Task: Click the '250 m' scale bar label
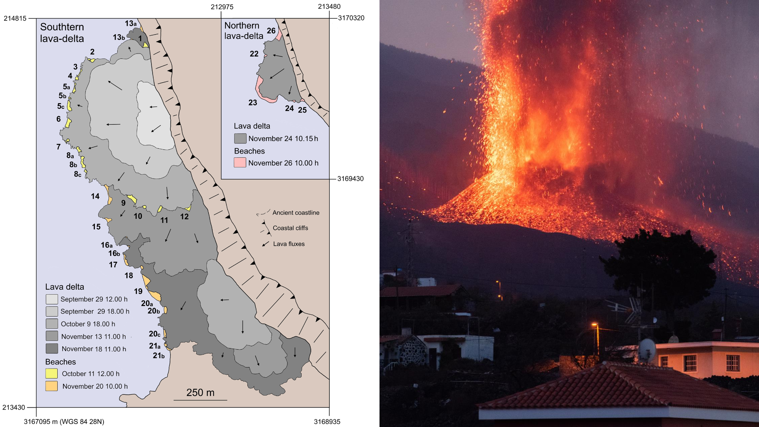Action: click(x=200, y=392)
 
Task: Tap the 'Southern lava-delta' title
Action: click(x=62, y=33)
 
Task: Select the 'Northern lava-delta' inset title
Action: click(x=244, y=31)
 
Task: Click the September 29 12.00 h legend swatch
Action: click(x=52, y=299)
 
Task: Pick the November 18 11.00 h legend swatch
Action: click(x=52, y=349)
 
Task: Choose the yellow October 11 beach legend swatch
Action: click(x=52, y=374)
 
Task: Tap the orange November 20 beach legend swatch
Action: click(x=52, y=386)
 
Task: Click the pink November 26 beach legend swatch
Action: click(x=240, y=163)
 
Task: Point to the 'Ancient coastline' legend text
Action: click(x=296, y=213)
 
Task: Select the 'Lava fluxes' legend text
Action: click(x=289, y=244)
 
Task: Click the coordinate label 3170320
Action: click(x=351, y=18)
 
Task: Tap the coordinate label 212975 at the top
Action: click(x=222, y=7)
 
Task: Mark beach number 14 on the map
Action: click(x=95, y=196)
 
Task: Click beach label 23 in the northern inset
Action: click(x=253, y=102)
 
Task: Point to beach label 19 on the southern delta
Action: click(x=138, y=291)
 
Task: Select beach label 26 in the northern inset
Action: click(x=271, y=31)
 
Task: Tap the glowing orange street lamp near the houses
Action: click(x=595, y=325)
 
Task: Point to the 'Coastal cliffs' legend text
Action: click(x=290, y=228)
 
